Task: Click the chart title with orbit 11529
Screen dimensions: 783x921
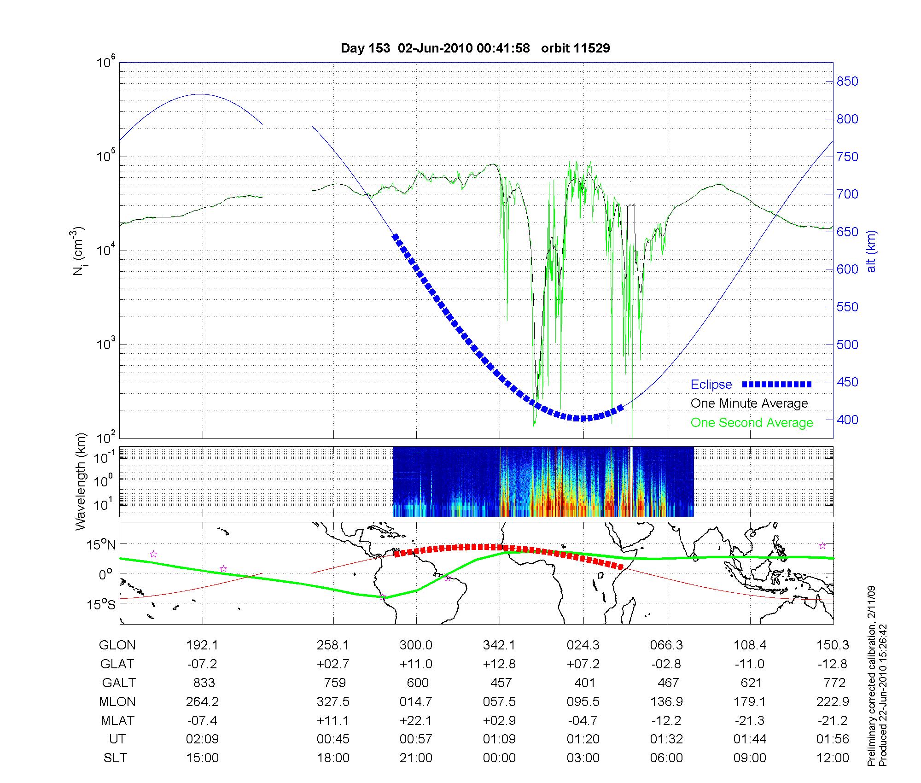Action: pos(475,48)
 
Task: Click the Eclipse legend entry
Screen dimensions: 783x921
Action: pos(711,385)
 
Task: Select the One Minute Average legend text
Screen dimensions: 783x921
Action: pos(749,403)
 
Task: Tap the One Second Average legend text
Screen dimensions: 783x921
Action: pos(752,423)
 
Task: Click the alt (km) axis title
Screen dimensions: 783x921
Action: pos(871,251)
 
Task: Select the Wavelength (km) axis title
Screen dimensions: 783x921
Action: pos(81,481)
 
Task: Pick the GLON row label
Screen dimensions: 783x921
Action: pos(117,645)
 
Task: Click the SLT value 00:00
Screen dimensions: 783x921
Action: pos(500,758)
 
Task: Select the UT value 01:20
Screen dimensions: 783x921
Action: pos(583,739)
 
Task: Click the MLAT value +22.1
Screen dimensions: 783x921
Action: pos(416,720)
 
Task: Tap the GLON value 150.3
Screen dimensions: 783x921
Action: pos(833,645)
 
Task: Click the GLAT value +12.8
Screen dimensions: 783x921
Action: pos(500,664)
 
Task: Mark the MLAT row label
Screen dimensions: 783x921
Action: pos(117,720)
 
